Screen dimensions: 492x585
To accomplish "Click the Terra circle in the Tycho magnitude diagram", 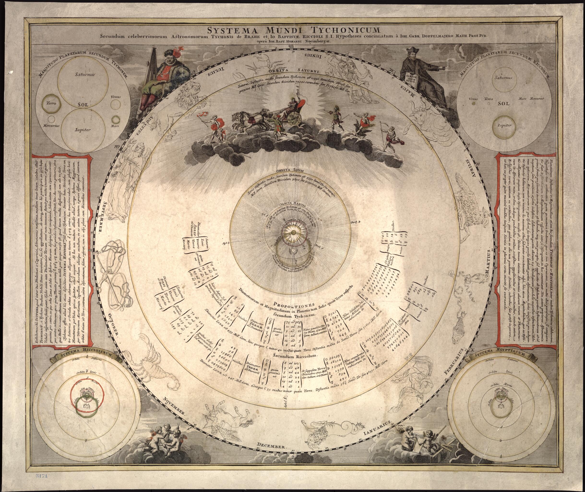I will click(x=50, y=104).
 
